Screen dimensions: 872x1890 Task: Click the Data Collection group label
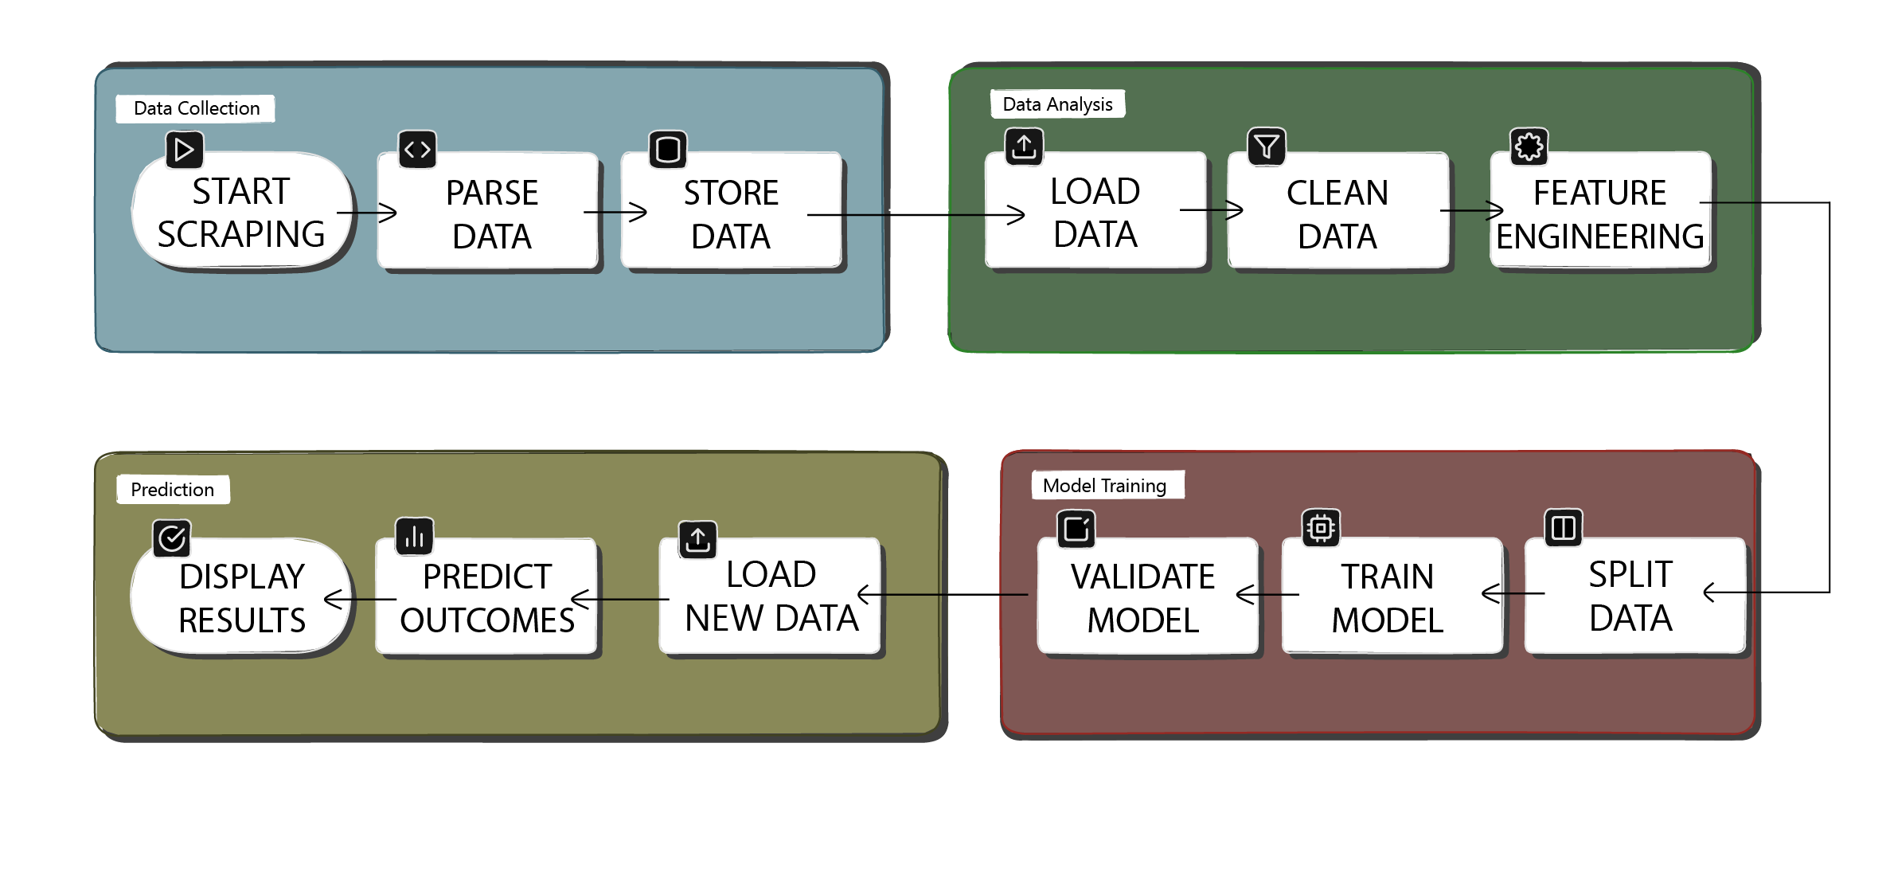click(x=196, y=108)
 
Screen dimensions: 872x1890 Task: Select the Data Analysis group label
click(x=1057, y=104)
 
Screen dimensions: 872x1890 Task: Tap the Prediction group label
click(x=173, y=489)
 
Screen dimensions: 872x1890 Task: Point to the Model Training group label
click(x=1105, y=485)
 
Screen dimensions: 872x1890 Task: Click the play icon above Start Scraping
click(x=184, y=150)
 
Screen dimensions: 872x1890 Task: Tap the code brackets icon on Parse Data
click(x=417, y=150)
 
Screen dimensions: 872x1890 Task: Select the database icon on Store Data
click(x=668, y=150)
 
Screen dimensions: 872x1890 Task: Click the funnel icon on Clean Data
click(x=1266, y=147)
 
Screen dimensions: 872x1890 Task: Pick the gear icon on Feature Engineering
click(x=1529, y=147)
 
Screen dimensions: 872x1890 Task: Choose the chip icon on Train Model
click(x=1320, y=528)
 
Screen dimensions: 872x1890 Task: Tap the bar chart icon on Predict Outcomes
click(x=415, y=537)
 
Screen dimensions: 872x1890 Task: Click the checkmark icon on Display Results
click(x=172, y=538)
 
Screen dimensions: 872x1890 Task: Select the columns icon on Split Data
click(x=1563, y=528)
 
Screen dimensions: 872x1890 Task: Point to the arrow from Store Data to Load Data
click(x=916, y=214)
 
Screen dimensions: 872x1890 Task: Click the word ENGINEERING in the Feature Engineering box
click(x=1599, y=237)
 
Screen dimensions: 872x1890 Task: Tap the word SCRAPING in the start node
click(x=241, y=234)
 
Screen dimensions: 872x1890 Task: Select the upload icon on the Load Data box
click(x=1024, y=147)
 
